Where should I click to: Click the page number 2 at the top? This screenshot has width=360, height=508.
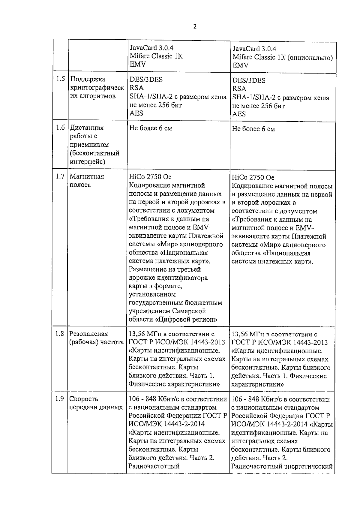(195, 27)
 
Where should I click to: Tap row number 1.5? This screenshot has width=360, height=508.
(60, 79)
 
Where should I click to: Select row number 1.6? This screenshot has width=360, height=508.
(60, 128)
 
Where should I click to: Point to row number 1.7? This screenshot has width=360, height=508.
(60, 176)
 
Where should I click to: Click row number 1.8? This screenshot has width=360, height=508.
(60, 333)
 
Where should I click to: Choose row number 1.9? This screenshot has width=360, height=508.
(60, 398)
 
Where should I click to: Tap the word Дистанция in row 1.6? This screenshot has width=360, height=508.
(87, 128)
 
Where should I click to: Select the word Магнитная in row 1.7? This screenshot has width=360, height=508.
(87, 176)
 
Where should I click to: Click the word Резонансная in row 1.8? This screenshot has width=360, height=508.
(88, 334)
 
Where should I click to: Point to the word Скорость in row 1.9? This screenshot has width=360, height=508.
(84, 399)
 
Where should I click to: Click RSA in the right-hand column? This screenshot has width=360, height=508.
(239, 89)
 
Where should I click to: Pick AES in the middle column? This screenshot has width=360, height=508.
(136, 113)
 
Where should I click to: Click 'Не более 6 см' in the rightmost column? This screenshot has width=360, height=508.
(253, 129)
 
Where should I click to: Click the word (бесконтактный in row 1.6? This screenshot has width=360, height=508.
(94, 153)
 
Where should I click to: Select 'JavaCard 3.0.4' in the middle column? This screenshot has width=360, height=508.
(151, 48)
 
